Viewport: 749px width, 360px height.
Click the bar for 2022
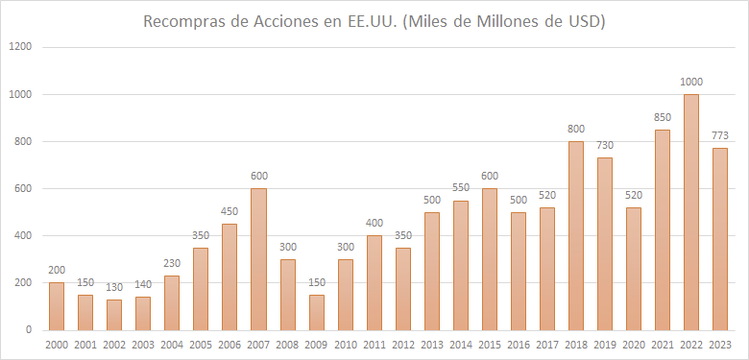[690, 212]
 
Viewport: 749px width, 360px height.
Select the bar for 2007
[258, 259]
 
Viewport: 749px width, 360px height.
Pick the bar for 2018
[575, 235]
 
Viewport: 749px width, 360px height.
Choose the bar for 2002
[114, 315]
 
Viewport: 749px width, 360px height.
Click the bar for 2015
[489, 259]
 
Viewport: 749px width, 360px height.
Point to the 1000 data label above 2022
[690, 83]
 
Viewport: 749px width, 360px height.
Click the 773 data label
[719, 135]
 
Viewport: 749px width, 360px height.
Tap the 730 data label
[604, 146]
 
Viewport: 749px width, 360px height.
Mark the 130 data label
[114, 287]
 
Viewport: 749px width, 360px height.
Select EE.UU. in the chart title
[372, 21]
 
